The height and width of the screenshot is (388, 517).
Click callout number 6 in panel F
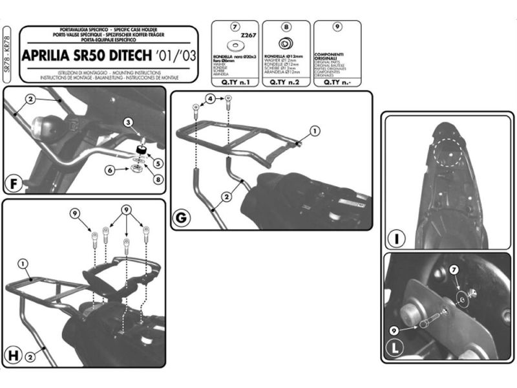pyautogui.click(x=111, y=169)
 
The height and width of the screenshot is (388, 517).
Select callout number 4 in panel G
pyautogui.click(x=210, y=99)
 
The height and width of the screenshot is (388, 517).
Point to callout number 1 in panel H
pyautogui.click(x=23, y=263)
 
